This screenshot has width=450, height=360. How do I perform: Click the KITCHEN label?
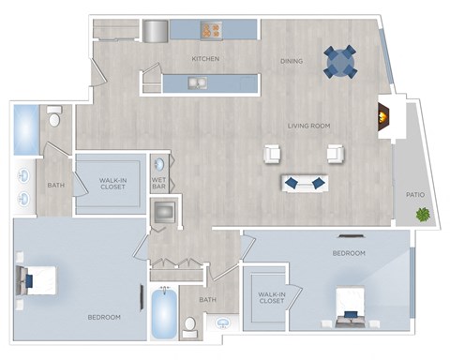[x=205, y=59]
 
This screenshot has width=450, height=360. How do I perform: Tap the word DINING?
[x=291, y=62]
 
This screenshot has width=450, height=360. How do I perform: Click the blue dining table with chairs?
[x=340, y=62]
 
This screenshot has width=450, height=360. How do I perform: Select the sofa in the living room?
[x=304, y=182]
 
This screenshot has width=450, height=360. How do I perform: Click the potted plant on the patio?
[x=423, y=216]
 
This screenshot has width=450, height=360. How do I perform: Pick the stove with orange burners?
[x=209, y=30]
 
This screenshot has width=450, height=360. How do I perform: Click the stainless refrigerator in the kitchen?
[x=154, y=30]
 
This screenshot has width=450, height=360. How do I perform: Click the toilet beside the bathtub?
[x=189, y=327]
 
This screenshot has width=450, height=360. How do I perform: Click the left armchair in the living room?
[x=273, y=155]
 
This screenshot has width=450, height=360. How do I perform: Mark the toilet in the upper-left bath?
[x=54, y=117]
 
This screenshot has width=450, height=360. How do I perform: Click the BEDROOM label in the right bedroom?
[x=349, y=254]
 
